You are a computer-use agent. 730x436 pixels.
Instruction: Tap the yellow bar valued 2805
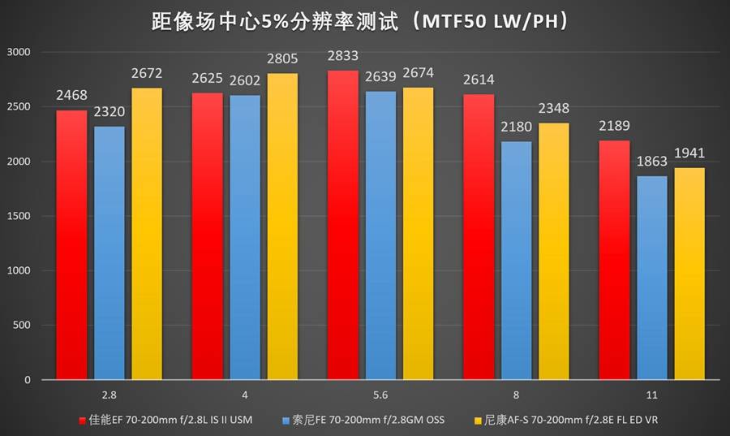[x=282, y=227]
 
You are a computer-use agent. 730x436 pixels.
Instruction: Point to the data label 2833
[x=343, y=56]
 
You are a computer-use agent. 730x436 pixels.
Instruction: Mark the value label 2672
[x=147, y=74]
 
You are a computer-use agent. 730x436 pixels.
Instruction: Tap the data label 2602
[x=245, y=80]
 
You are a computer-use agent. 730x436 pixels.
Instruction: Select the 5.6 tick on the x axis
[x=380, y=395]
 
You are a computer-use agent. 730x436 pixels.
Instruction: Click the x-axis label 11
[x=652, y=395]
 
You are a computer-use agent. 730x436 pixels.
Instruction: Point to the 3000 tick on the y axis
[x=18, y=52]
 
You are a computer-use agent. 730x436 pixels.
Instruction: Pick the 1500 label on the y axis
[x=18, y=216]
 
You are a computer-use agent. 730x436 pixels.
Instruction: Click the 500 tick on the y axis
[x=21, y=326]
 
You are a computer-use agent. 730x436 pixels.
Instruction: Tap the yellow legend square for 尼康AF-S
[x=476, y=421]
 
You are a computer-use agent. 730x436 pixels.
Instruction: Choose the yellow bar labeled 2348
[x=554, y=251]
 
